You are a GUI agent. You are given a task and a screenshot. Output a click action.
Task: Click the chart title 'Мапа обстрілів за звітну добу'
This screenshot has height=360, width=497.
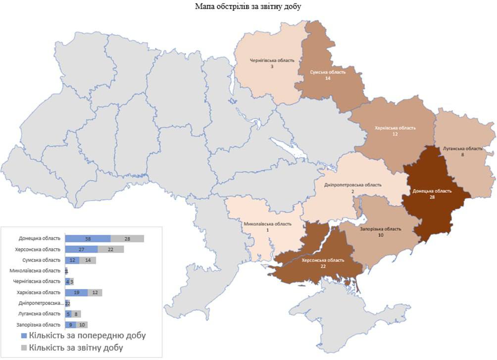coord(248,6)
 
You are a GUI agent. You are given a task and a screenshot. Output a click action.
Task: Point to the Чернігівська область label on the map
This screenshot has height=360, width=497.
coord(272,63)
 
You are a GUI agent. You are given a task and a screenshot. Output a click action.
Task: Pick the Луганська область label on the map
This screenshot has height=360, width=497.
coord(462,152)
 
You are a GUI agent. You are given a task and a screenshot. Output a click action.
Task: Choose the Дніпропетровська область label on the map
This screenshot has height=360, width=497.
coord(352,188)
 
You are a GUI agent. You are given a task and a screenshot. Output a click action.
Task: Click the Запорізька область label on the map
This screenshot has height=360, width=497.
coord(380,232)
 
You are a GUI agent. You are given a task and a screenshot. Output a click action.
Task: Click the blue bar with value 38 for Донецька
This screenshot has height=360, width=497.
coord(88,239)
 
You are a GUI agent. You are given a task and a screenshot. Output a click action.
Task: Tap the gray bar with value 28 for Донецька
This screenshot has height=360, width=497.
coord(127,239)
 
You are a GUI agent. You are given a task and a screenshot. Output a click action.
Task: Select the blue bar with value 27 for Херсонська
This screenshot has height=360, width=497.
coord(81,249)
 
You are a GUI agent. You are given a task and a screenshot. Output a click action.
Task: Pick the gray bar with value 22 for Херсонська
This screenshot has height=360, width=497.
coord(110,249)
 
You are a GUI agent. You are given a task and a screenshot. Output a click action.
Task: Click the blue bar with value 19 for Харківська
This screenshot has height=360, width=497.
coord(76,293)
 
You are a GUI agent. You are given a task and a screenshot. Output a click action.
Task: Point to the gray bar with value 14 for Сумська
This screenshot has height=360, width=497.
coord(88,260)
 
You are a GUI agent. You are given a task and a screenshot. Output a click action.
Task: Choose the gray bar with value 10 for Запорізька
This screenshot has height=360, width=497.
coord(82,325)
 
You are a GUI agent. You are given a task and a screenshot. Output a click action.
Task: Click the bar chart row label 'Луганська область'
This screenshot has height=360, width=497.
coord(41,314)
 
